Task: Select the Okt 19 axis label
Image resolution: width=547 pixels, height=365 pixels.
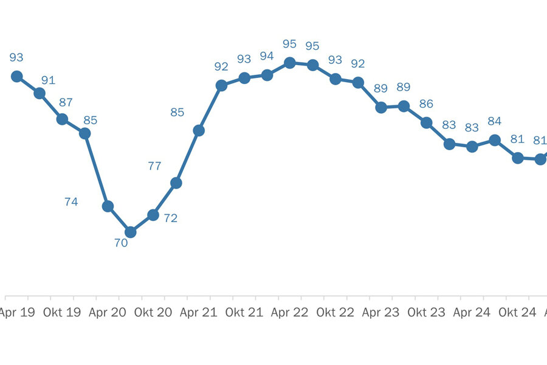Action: coord(61,313)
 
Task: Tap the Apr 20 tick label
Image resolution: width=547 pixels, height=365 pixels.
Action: coord(107,313)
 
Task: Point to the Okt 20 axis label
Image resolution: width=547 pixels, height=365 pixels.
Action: coord(153,313)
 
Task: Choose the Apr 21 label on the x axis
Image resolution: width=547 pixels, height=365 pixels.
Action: coord(198,313)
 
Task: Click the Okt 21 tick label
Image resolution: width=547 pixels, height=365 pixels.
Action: coord(244,313)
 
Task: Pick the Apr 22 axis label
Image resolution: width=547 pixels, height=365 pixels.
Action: coord(289,313)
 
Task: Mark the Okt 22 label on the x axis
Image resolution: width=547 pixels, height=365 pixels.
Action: coord(335,313)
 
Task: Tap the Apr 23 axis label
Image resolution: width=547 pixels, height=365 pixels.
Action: coord(380,313)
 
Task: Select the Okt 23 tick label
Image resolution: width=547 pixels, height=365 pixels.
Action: coord(426,313)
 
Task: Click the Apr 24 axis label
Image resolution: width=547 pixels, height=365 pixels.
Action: coord(472,313)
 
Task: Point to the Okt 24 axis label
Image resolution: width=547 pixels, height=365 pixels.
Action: coord(517,313)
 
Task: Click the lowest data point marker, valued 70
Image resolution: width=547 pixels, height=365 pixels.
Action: coord(130,232)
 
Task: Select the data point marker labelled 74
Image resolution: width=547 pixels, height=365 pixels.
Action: coord(108,206)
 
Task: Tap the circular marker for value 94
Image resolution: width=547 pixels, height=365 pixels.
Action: coord(267,75)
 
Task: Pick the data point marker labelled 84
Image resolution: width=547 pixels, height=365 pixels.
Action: coord(495,140)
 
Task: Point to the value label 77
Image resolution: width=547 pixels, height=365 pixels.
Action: coord(154,165)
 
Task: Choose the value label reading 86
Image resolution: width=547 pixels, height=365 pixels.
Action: coord(426,103)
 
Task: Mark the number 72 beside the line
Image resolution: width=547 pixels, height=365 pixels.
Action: coord(171,218)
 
